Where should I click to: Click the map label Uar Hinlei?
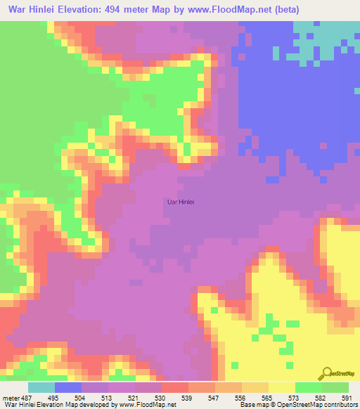pyautogui.click(x=179, y=202)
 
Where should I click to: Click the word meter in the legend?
pyautogui.click(x=11, y=397)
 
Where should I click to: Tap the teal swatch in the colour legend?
pyautogui.click(x=41, y=387)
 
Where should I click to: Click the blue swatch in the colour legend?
pyautogui.click(x=68, y=387)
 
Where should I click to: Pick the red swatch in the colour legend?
pyautogui.click(x=175, y=387)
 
